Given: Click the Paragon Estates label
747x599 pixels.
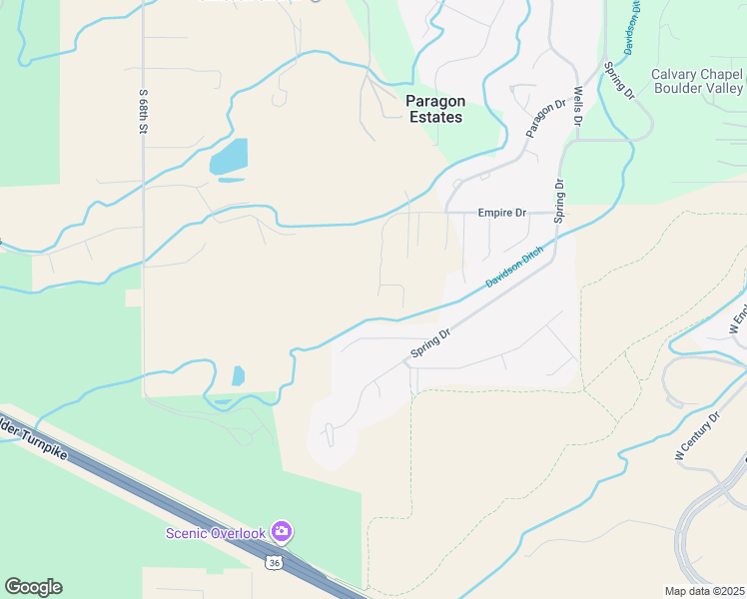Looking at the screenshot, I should pyautogui.click(x=434, y=109).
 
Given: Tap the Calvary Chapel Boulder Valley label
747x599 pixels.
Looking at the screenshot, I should pyautogui.click(x=696, y=81).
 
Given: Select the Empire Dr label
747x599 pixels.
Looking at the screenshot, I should pyautogui.click(x=501, y=213).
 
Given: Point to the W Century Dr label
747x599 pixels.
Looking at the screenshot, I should pyautogui.click(x=697, y=436).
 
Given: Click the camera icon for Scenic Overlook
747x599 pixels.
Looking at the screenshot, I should pyautogui.click(x=282, y=532).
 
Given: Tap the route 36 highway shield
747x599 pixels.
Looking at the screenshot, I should pyautogui.click(x=275, y=563).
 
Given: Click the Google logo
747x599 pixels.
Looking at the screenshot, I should pyautogui.click(x=33, y=587).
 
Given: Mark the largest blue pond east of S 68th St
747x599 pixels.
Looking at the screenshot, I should pyautogui.click(x=229, y=156).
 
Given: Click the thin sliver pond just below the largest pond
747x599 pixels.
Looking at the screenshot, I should pyautogui.click(x=231, y=181).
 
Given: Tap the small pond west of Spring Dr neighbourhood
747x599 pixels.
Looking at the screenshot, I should pyautogui.click(x=238, y=375).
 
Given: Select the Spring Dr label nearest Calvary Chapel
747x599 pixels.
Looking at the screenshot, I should pyautogui.click(x=617, y=81).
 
